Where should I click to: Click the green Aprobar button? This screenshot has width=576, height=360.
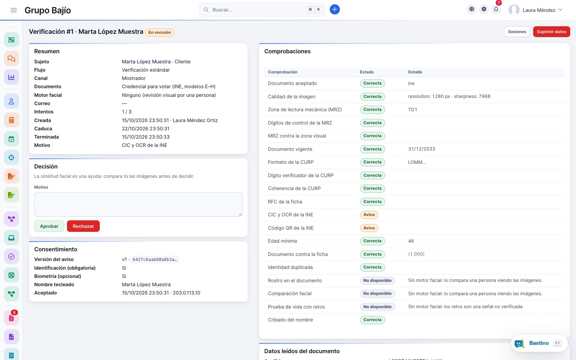click(49, 226)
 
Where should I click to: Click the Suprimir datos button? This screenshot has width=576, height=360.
click(551, 32)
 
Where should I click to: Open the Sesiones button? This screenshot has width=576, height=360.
click(517, 32)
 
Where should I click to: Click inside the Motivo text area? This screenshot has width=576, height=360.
click(138, 204)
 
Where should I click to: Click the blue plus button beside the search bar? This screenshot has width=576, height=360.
click(334, 9)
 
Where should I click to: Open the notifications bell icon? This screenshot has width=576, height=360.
click(496, 9)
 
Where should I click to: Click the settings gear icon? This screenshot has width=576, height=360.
click(484, 9)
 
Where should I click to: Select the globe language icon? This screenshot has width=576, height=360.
click(471, 9)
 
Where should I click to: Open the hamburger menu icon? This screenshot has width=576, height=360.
click(14, 10)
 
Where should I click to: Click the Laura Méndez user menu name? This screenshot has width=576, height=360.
click(539, 10)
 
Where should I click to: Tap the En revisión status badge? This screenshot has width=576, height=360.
click(159, 32)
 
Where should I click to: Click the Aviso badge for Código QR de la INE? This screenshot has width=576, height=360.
click(369, 228)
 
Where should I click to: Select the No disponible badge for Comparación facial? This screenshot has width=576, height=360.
click(377, 293)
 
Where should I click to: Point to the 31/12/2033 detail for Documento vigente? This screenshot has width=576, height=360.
click(422, 149)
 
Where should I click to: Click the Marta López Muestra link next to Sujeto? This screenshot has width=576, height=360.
click(146, 62)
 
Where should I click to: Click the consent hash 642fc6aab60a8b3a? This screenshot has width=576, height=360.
click(154, 260)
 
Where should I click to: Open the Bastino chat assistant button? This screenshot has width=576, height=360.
click(539, 343)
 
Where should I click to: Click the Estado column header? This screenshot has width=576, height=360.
click(366, 72)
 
